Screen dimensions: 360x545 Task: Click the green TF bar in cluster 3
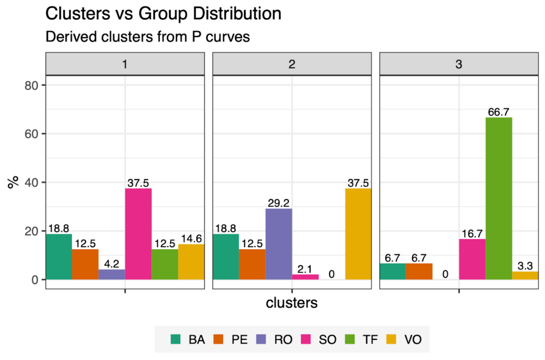pos(499,198)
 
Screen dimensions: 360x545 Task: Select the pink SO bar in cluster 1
pos(138,234)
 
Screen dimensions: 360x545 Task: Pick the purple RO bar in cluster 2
pos(278,244)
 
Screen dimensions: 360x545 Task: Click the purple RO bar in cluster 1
pos(112,274)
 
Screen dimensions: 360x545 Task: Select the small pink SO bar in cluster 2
pos(305,277)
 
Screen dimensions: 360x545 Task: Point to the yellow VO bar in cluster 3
pos(525,275)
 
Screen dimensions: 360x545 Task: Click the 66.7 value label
pos(499,112)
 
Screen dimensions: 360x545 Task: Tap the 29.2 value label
pos(278,203)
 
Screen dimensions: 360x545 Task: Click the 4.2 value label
pos(112,264)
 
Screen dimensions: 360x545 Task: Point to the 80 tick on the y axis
pos(33,85)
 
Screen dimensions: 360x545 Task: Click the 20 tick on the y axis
pos(33,231)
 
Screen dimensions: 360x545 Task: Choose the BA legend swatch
pos(176,339)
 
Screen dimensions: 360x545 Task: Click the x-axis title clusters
pos(292,303)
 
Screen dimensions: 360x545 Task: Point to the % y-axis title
pos(12,182)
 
